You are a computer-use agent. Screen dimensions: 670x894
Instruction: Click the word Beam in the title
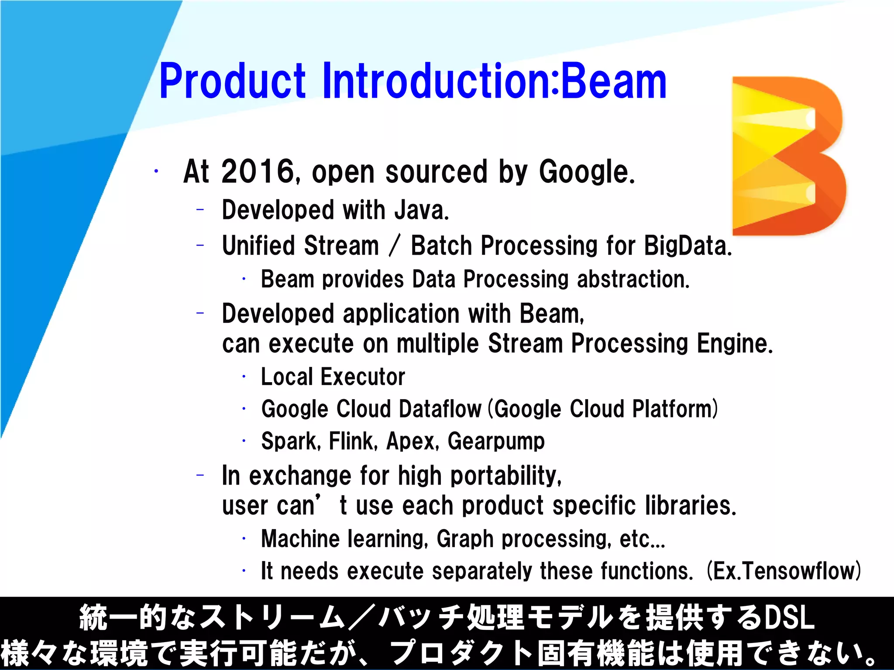(614, 82)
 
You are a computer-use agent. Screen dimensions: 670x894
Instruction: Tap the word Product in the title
(232, 82)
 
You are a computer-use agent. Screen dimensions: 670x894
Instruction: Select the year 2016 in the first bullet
(258, 171)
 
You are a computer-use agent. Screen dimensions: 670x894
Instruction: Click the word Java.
(422, 210)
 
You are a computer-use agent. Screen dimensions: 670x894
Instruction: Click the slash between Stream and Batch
(395, 246)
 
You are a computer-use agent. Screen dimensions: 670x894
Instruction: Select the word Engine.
(735, 343)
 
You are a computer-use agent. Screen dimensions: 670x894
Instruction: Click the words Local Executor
(333, 377)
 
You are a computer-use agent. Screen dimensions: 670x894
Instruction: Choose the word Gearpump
(496, 441)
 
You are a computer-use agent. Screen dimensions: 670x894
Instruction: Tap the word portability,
(506, 475)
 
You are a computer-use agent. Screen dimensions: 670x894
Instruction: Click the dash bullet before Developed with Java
(200, 210)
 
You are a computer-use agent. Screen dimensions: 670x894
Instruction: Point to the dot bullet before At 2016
(156, 171)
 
